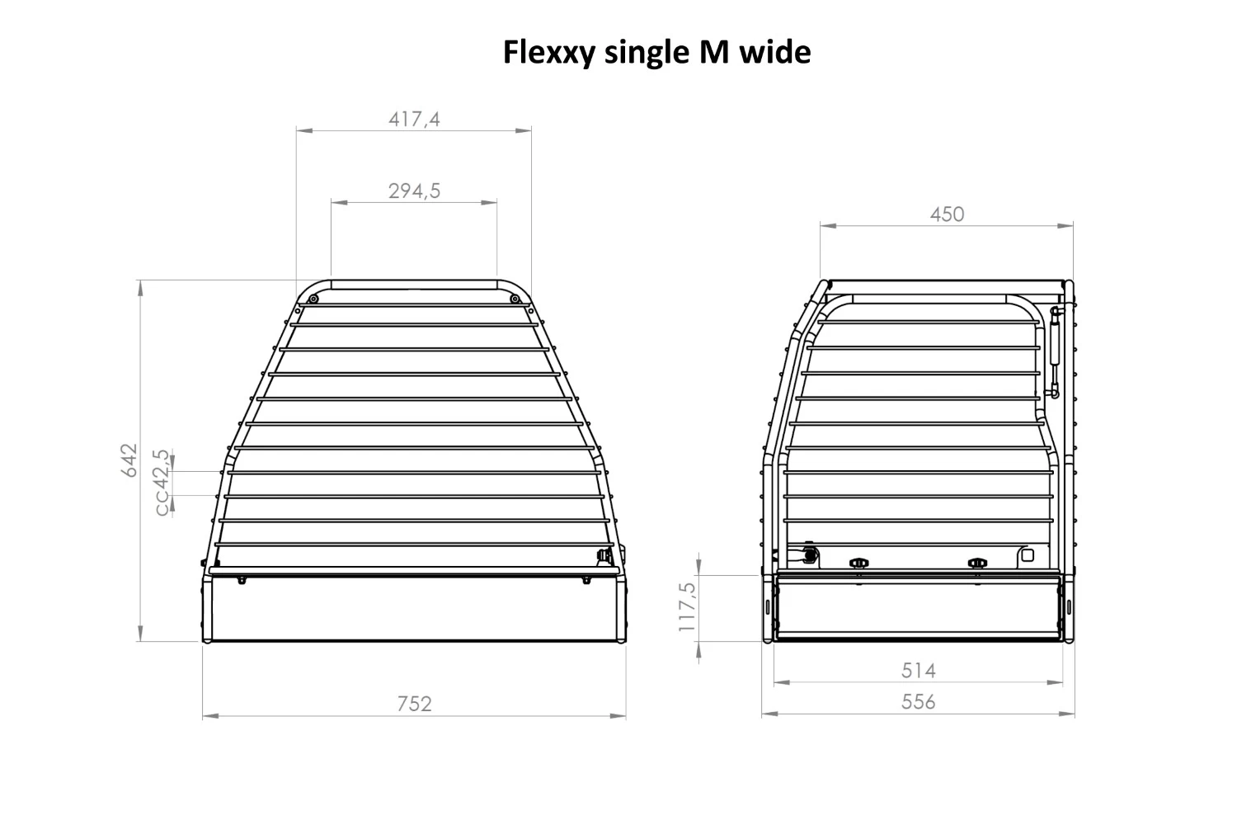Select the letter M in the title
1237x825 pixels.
coord(713,52)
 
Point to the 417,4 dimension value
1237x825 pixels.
coord(414,120)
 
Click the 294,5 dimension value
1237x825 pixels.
coord(414,191)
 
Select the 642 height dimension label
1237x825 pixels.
coord(129,460)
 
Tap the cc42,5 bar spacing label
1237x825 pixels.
coord(162,483)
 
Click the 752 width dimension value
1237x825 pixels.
coord(414,704)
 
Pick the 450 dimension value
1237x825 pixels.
coord(947,214)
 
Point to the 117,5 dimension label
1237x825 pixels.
coord(687,606)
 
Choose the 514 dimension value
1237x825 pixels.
coord(918,671)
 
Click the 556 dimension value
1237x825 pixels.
coord(918,702)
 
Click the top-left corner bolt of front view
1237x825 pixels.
coord(313,299)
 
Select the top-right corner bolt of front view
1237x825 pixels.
coord(515,299)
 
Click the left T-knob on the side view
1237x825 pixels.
coord(858,563)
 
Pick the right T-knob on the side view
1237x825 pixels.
coord(977,563)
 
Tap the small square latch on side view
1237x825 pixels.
coord(1027,555)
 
